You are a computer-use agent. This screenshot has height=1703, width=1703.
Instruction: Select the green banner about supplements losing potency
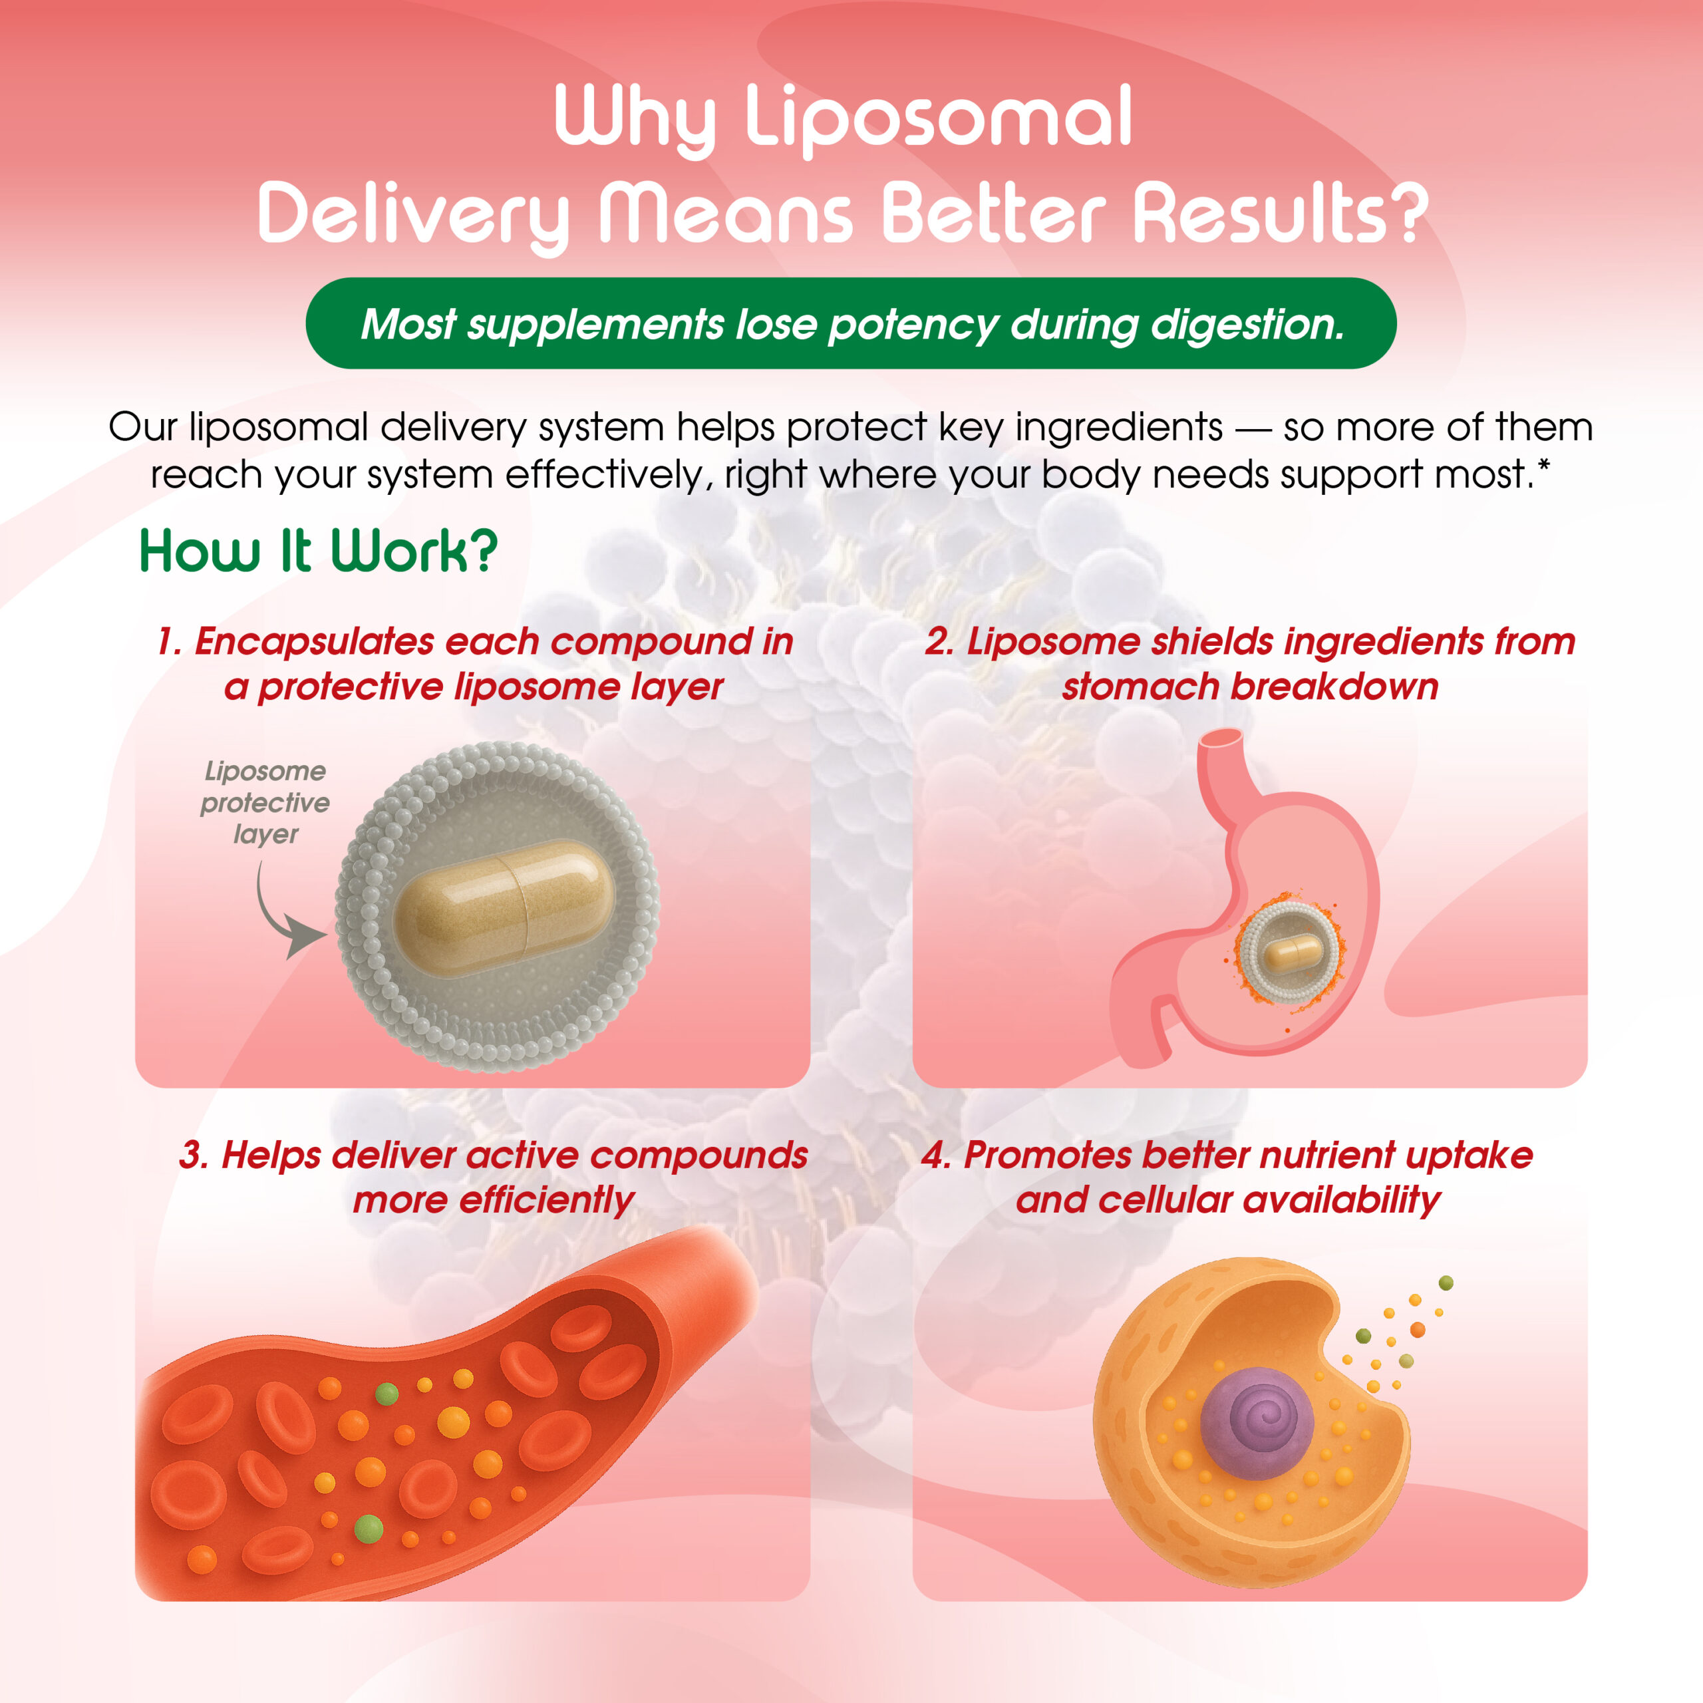[x=851, y=323]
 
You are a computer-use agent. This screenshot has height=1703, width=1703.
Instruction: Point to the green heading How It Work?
[x=319, y=551]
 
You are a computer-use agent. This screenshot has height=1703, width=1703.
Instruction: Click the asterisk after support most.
[x=1543, y=464]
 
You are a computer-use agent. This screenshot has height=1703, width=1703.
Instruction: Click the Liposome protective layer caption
[x=265, y=802]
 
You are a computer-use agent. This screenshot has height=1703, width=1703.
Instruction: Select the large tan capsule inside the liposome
[x=504, y=908]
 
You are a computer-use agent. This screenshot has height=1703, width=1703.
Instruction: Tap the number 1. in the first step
[x=169, y=642]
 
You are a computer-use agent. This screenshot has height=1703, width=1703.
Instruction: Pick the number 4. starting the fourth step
[x=936, y=1156]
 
